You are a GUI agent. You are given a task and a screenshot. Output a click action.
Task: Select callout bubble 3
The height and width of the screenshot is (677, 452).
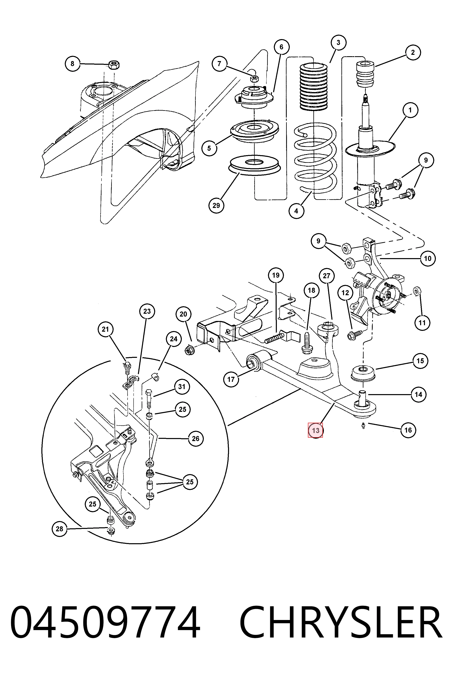pos(338,43)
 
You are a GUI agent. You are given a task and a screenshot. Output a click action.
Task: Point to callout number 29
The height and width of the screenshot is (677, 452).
pos(216,205)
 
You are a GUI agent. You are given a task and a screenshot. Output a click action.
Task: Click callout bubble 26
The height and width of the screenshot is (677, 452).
pos(196,438)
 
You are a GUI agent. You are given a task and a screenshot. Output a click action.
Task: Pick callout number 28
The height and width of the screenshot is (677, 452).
pos(59,529)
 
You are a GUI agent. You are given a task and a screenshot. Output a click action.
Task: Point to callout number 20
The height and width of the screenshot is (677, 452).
pos(183,314)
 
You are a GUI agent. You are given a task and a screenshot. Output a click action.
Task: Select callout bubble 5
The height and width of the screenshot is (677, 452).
pos(209,148)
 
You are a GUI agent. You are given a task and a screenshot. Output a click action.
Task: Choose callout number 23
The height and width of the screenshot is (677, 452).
pos(147,311)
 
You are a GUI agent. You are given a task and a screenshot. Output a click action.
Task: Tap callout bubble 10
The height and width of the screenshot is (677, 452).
pos(428,259)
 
